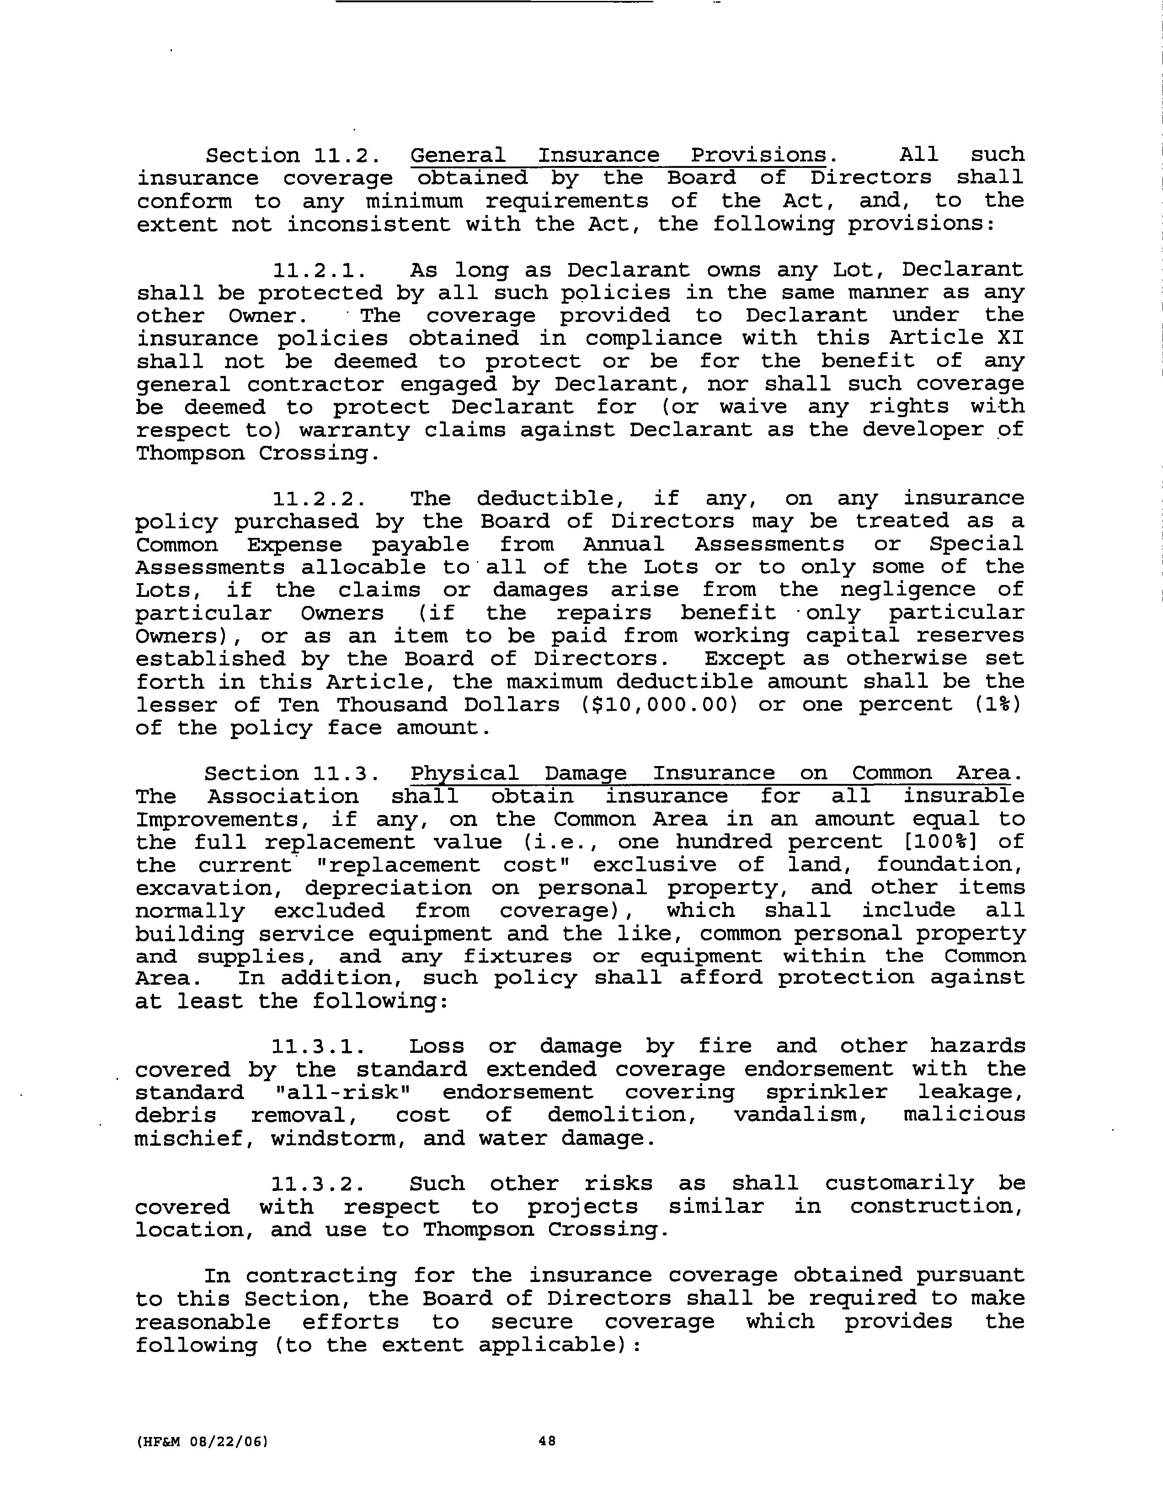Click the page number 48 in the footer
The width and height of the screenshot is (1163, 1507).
547,1441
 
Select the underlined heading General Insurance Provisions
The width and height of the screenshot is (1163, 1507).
618,155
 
